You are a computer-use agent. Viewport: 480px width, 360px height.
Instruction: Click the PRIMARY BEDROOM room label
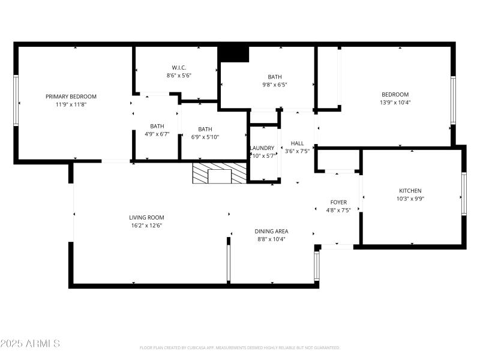(x=71, y=97)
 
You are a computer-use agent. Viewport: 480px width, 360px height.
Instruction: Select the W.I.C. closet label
(x=178, y=68)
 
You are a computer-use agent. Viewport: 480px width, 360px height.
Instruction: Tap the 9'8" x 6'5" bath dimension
(x=275, y=85)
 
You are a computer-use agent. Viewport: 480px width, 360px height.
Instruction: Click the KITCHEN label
(x=410, y=191)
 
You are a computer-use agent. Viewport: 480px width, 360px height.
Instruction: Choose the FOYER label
(x=339, y=202)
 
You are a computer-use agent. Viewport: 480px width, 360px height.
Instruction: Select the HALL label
(x=298, y=143)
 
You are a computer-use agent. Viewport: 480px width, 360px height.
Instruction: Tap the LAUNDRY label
(x=262, y=148)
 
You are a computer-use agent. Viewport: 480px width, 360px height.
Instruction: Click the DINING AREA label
(x=272, y=231)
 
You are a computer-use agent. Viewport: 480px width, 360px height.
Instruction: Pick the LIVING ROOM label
(x=146, y=218)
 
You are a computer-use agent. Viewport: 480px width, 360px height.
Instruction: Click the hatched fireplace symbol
(x=220, y=173)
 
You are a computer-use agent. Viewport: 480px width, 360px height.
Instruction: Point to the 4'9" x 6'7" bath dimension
(x=157, y=134)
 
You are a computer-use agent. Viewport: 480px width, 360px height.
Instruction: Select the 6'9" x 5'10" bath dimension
(x=205, y=137)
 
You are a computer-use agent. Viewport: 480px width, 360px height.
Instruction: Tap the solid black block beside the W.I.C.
(x=233, y=53)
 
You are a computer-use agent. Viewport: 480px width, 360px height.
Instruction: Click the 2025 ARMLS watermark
(x=30, y=344)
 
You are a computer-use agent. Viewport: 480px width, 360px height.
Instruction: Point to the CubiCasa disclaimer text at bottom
(x=240, y=347)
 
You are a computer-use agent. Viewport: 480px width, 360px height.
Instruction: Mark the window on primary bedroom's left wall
(x=16, y=100)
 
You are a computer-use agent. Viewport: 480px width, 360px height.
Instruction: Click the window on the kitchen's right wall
(x=463, y=194)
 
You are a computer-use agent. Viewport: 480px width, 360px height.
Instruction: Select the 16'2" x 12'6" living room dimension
(x=146, y=226)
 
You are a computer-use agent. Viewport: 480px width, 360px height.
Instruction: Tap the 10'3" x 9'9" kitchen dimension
(x=410, y=199)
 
